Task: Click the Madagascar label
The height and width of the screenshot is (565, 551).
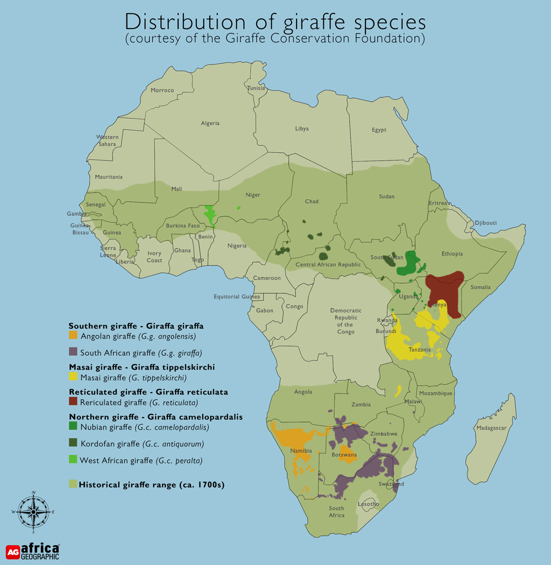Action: coord(491,428)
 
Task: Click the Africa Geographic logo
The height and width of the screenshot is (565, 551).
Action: coord(33,551)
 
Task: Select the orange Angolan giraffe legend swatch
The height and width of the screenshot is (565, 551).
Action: coord(74,336)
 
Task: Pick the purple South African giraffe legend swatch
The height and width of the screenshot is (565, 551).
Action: coord(74,353)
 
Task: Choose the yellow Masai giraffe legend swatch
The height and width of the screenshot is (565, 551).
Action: coord(74,377)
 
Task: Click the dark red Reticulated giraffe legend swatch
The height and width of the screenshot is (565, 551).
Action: coord(74,402)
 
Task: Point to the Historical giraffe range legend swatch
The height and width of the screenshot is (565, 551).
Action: coord(73,484)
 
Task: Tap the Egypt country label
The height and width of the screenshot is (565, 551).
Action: coord(379,130)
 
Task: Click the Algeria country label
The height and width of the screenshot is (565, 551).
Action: coord(210,123)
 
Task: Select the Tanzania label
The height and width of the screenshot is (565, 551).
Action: coord(419,350)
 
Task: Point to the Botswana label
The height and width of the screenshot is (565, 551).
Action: coord(344,455)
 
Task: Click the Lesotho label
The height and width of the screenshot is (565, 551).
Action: coord(369,504)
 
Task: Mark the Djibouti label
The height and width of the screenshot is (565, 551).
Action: coord(485,223)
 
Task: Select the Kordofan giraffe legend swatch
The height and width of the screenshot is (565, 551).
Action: coord(74,444)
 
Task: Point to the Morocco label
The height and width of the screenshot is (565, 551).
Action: coord(162,90)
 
